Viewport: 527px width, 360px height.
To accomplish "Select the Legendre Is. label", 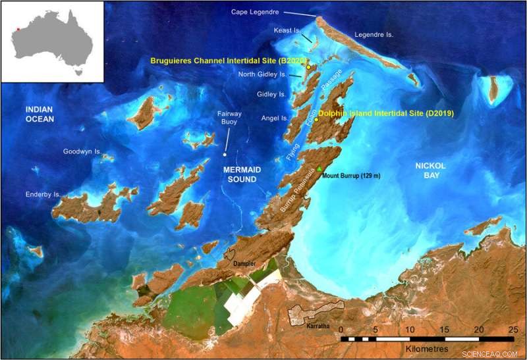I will click(374, 34).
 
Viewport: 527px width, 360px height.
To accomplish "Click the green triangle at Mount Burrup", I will click(319, 170).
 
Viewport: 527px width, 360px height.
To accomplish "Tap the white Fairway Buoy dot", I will click(225, 155).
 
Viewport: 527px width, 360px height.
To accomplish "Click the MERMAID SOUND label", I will click(237, 174).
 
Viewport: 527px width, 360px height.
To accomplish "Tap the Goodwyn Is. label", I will click(82, 151).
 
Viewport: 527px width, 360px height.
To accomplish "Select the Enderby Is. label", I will click(43, 195).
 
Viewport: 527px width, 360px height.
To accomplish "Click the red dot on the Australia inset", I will click(19, 28).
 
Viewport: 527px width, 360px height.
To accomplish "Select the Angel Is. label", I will click(274, 118).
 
